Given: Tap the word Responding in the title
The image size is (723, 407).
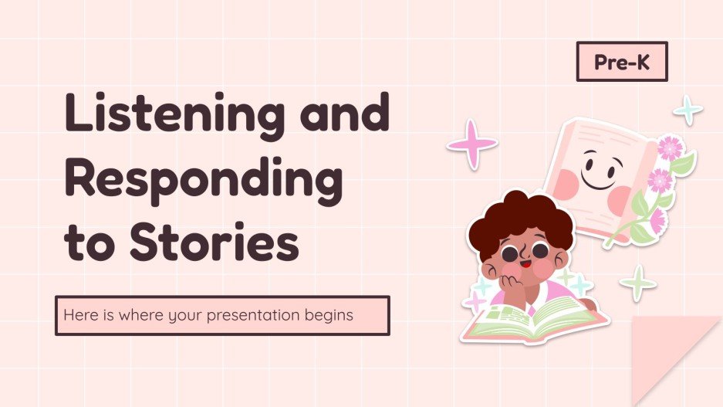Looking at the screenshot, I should click(x=203, y=180).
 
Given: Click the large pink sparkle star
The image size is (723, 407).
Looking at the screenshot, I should click(x=471, y=144).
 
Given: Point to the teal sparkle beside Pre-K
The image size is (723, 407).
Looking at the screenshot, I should click(x=688, y=110).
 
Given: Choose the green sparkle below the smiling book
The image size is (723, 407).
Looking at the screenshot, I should click(x=638, y=283).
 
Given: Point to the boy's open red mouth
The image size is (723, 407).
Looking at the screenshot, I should click(x=525, y=269).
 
